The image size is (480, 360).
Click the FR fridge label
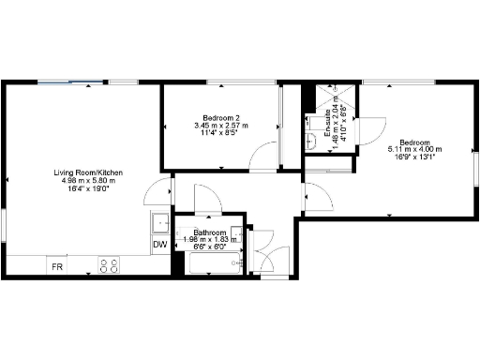tap(57, 267)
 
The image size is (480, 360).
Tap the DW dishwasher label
tap(159, 246)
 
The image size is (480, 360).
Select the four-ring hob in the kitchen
tap(109, 265)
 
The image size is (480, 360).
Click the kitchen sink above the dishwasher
tap(159, 223)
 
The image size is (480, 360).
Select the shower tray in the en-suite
tap(333, 99)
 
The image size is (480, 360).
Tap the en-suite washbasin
tap(311, 140)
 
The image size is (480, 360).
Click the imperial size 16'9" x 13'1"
tap(414, 157)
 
